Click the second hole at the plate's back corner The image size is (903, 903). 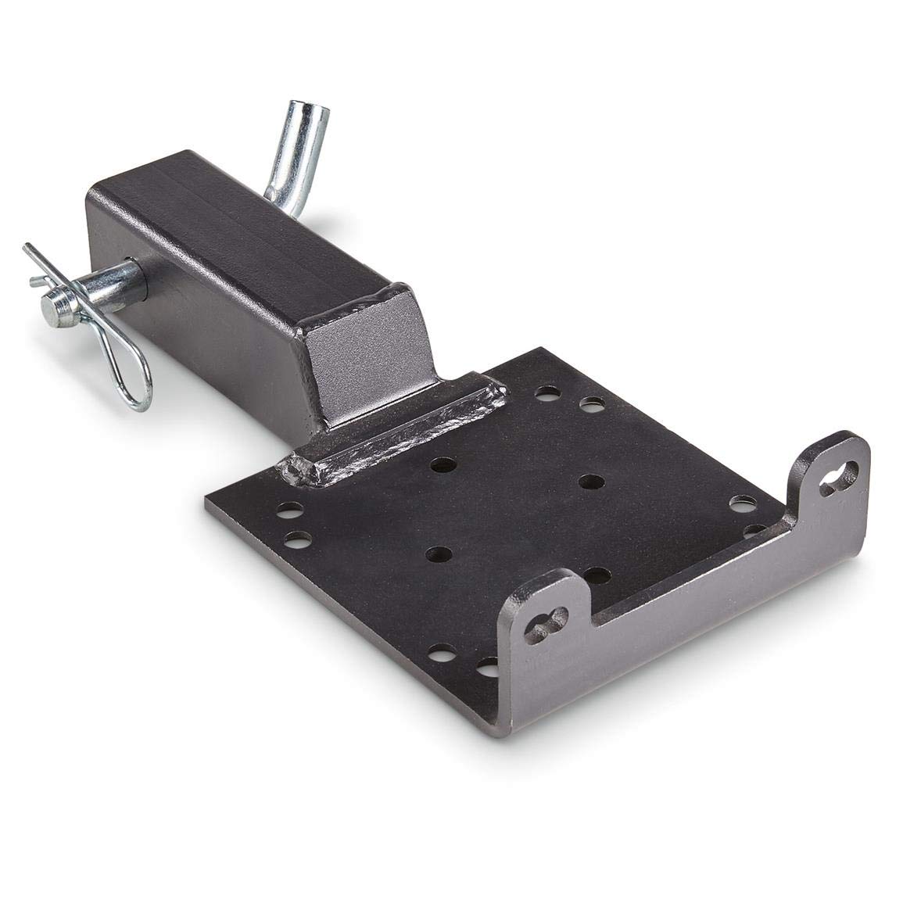click(592, 404)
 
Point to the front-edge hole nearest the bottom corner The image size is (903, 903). click(489, 667)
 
